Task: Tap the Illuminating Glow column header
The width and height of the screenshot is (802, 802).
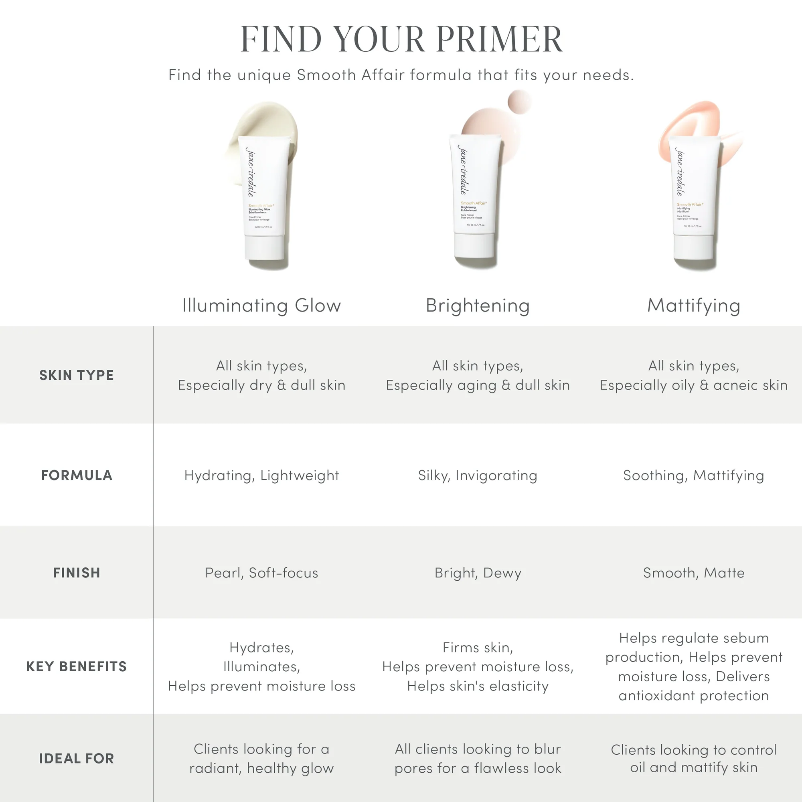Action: pyautogui.click(x=261, y=306)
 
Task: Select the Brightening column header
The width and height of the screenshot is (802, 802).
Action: pyautogui.click(x=478, y=306)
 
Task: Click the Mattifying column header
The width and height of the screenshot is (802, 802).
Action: pyautogui.click(x=694, y=306)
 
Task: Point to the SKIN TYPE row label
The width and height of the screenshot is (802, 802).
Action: pyautogui.click(x=76, y=375)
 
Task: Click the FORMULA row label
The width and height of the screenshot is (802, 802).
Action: pyautogui.click(x=76, y=475)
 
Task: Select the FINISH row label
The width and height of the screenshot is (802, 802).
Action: pyautogui.click(x=76, y=573)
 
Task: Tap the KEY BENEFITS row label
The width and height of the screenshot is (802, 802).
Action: pyautogui.click(x=76, y=666)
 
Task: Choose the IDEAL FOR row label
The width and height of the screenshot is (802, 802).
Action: pyautogui.click(x=76, y=758)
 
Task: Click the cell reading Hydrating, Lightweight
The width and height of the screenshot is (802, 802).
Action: pyautogui.click(x=261, y=475)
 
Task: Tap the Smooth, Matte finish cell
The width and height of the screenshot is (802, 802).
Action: pyautogui.click(x=694, y=573)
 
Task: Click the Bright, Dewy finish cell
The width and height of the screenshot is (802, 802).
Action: pyautogui.click(x=478, y=573)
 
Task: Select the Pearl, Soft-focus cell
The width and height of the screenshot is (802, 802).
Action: pyautogui.click(x=261, y=573)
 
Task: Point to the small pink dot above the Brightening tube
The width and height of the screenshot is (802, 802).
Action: pyautogui.click(x=519, y=101)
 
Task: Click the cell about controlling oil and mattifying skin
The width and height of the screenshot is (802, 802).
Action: pyautogui.click(x=694, y=758)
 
